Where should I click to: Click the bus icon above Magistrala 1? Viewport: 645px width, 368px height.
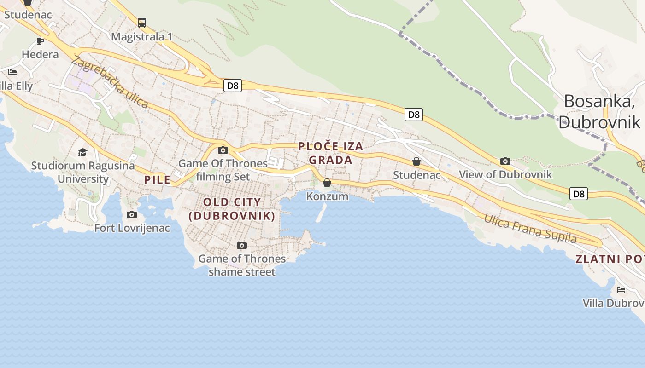coord(142,23)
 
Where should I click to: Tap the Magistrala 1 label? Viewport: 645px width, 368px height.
coord(142,37)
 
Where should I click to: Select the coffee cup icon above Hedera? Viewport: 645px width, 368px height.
coord(40,41)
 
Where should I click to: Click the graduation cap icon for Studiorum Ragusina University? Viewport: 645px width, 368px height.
coord(82,152)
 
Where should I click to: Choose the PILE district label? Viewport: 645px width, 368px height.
coord(158,180)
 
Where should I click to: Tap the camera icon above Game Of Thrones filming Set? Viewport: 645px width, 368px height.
coord(223,150)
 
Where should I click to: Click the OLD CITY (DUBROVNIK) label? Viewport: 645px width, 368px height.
coord(232,209)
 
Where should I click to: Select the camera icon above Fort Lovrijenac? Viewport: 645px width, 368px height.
coord(132,214)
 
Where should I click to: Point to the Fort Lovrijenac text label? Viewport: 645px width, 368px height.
coord(132,228)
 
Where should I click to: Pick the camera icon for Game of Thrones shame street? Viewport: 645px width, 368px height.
coord(242,246)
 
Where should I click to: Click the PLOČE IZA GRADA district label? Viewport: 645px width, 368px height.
coord(330,153)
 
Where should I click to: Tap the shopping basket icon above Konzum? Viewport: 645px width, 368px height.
coord(327,183)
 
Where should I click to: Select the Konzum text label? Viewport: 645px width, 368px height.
coord(328,196)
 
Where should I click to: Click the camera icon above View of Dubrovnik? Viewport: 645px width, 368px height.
coord(505,161)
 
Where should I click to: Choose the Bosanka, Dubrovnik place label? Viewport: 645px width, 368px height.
coord(599,111)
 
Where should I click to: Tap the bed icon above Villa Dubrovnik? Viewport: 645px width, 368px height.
coord(621,290)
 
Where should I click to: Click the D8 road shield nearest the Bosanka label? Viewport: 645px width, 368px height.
coord(579,194)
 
